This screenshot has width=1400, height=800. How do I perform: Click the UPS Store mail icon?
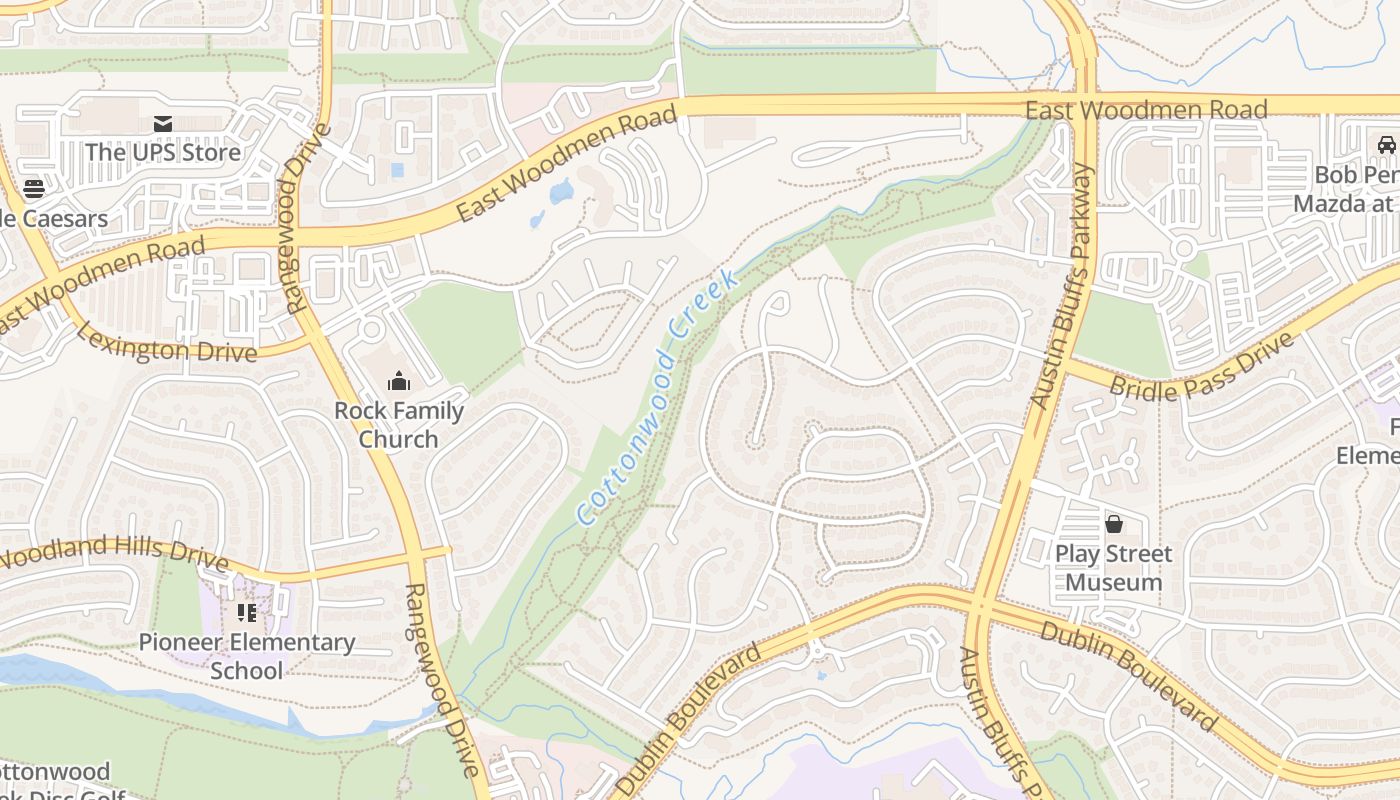pos(163,124)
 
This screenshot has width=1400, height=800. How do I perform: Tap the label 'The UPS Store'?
pos(163,152)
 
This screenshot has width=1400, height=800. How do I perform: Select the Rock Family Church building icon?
pos(399,381)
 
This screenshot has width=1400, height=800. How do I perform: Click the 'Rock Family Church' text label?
pos(399,425)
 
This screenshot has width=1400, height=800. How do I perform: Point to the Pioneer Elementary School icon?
pos(247,613)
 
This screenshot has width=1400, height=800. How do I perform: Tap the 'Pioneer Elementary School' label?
pos(247,656)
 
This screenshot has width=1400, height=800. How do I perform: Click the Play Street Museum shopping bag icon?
pos(1113,524)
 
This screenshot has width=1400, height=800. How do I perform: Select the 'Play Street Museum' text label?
pos(1113,568)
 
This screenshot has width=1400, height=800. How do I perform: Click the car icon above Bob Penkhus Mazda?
pos(1386,145)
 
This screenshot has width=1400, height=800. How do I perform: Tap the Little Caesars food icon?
pos(34,189)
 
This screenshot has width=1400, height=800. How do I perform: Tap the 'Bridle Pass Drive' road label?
pos(1202,368)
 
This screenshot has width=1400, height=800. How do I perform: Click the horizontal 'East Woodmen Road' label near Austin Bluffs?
pos(1146,109)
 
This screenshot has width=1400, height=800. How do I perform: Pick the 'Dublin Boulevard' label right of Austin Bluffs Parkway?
pos(1129,676)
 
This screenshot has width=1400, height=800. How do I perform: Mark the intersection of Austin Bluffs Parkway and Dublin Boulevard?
pos(979,604)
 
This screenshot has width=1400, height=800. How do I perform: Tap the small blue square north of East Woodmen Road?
pos(398,170)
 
